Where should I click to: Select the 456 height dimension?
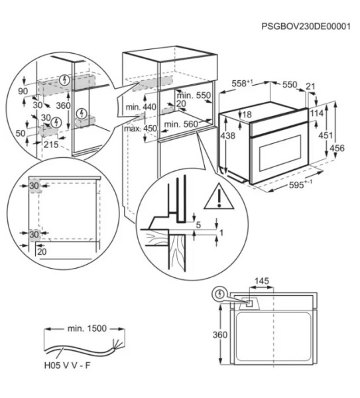(337, 149)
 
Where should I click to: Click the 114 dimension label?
(316, 113)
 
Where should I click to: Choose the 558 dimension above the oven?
(242, 85)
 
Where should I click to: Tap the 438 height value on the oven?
(228, 136)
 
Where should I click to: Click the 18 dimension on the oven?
(247, 115)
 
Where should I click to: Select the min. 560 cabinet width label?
(181, 124)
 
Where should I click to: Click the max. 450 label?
(140, 129)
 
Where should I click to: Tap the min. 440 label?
(141, 107)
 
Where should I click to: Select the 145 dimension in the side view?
(262, 281)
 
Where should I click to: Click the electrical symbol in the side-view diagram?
(219, 294)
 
